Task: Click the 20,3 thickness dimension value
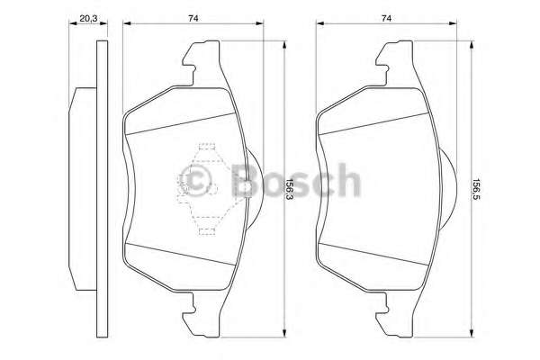click(x=87, y=17)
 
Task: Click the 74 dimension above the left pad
click(x=193, y=17)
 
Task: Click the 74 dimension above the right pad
click(x=386, y=17)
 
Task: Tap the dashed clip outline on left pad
click(x=208, y=184)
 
